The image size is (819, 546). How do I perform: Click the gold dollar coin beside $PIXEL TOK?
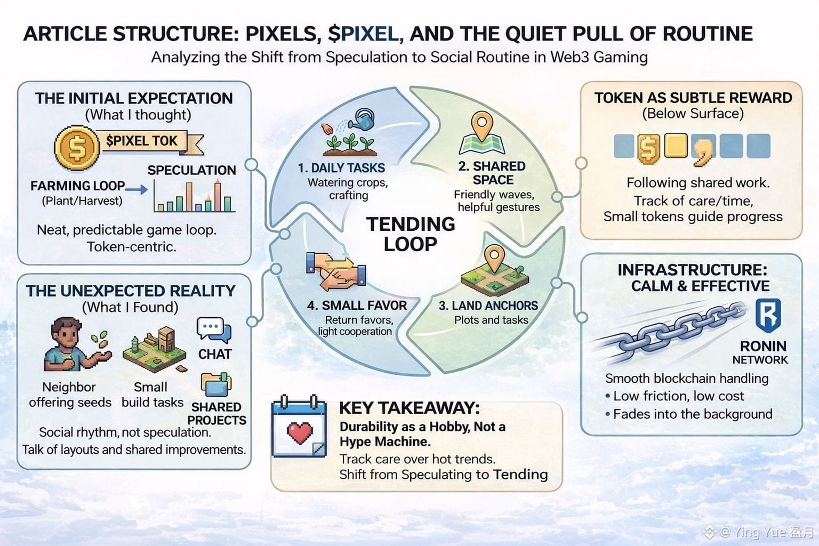(77, 147)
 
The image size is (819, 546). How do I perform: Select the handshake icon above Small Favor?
(336, 270)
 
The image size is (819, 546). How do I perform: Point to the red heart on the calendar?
(299, 432)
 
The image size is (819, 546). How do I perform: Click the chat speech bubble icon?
(213, 330)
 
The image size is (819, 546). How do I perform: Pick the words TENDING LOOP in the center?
(411, 234)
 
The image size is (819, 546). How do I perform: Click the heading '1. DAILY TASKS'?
(341, 168)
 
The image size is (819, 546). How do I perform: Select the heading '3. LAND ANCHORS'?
(488, 306)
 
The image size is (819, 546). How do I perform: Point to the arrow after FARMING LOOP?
(137, 189)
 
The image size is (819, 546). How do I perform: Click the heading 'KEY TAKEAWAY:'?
(409, 408)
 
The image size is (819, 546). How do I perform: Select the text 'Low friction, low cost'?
(678, 396)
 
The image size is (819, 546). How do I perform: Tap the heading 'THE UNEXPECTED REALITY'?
(131, 291)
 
